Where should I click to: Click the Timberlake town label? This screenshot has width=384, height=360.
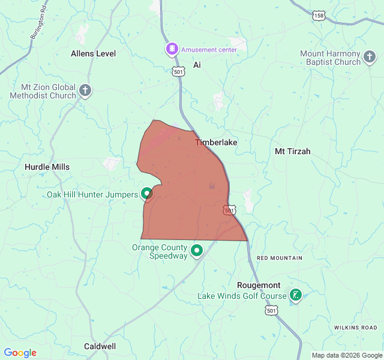click(x=216, y=142)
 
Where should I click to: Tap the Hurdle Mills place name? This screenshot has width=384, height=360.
click(x=47, y=167)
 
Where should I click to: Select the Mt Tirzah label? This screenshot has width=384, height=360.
click(x=292, y=151)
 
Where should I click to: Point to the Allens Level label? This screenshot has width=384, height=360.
click(x=93, y=53)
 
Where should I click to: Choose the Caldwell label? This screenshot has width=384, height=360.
click(x=100, y=346)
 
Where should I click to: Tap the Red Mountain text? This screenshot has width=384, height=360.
click(x=280, y=258)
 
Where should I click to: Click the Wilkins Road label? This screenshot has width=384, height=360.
click(x=356, y=328)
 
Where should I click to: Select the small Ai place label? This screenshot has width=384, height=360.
click(x=196, y=64)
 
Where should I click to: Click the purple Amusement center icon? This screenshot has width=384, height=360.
click(x=172, y=49)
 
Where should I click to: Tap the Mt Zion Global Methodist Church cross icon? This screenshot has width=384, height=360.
click(x=85, y=91)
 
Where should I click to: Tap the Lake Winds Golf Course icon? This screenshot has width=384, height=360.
click(x=295, y=295)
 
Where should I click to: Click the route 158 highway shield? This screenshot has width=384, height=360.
click(x=318, y=16)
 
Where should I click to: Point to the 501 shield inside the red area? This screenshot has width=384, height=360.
click(x=229, y=210)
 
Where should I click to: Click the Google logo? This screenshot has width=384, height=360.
click(x=20, y=353)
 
